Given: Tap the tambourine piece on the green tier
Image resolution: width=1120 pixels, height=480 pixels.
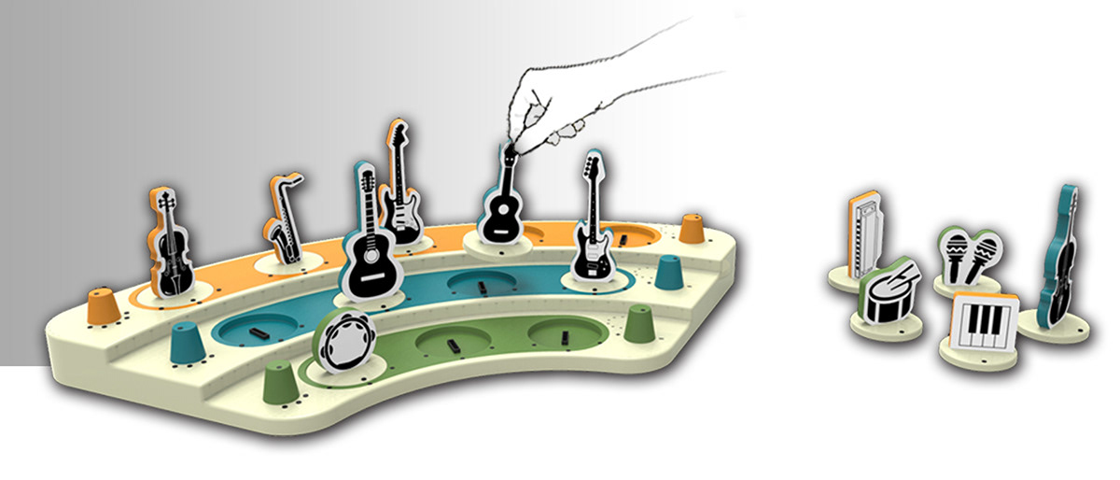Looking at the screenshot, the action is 344,339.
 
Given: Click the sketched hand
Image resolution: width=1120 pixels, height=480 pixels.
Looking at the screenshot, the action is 560,103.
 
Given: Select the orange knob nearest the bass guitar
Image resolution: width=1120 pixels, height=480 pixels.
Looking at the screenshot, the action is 692,228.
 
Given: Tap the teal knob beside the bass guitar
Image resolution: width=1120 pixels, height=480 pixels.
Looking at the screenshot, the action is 668,272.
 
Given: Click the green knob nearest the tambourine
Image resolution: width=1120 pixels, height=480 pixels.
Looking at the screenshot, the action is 279,383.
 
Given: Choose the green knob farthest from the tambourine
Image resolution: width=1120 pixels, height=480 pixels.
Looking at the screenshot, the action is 639,324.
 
